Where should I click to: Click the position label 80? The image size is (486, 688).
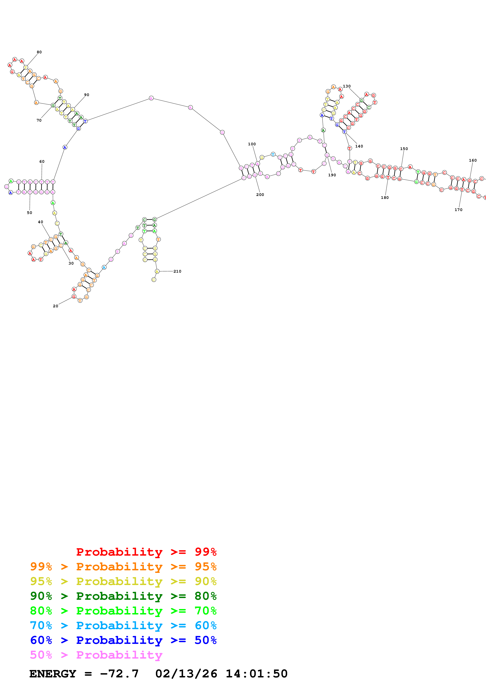(39, 52)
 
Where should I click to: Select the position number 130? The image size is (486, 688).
(347, 86)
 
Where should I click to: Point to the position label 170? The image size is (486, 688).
(458, 210)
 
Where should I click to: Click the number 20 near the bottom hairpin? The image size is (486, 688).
(55, 306)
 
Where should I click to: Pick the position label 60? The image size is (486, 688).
(42, 162)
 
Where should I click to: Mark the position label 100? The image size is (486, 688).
(252, 144)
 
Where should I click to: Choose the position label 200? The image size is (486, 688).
(260, 195)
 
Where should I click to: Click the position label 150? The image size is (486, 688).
(404, 149)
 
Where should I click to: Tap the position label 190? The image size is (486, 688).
(332, 175)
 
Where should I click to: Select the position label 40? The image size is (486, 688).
(40, 222)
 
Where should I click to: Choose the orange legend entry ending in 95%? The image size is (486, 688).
(123, 567)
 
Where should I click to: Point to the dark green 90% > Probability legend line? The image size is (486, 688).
(123, 596)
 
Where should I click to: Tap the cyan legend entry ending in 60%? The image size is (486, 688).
(123, 625)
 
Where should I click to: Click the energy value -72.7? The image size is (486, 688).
(119, 674)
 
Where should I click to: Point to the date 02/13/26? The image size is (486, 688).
(186, 674)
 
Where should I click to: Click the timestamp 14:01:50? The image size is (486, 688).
(256, 674)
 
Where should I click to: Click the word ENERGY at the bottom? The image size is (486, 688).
(53, 674)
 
